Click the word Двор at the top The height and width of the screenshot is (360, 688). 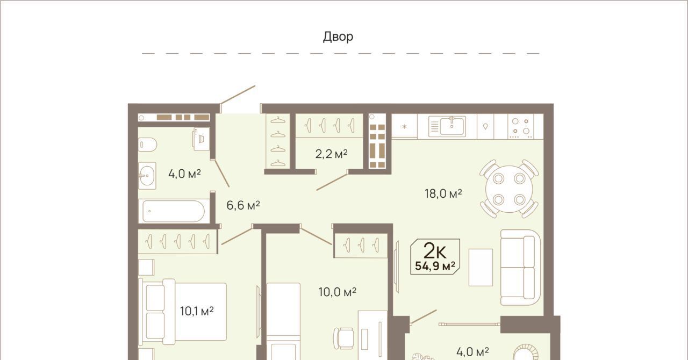click(338, 37)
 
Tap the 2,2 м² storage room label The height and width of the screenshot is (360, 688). click(331, 154)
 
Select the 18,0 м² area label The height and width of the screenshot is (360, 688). click(443, 193)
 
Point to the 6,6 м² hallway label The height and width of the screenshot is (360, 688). click(243, 205)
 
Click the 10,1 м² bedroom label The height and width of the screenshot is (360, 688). click(197, 311)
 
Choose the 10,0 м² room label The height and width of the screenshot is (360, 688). click(337, 292)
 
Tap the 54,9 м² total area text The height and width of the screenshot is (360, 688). click(435, 266)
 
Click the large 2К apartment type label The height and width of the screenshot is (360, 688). click(435, 250)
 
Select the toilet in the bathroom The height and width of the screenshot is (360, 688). click(147, 145)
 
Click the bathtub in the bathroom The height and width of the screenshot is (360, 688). click(174, 211)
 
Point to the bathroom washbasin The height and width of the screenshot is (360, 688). click(147, 176)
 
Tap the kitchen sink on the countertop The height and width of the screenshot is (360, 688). click(447, 126)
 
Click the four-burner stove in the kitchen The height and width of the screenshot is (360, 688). click(521, 126)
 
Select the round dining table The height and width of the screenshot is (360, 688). click(509, 189)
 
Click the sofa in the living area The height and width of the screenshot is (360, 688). click(520, 267)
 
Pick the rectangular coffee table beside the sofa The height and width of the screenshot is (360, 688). click(481, 267)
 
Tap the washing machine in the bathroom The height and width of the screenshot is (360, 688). click(201, 139)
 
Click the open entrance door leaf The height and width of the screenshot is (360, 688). click(238, 95)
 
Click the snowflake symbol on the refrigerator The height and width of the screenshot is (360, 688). click(404, 126)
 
